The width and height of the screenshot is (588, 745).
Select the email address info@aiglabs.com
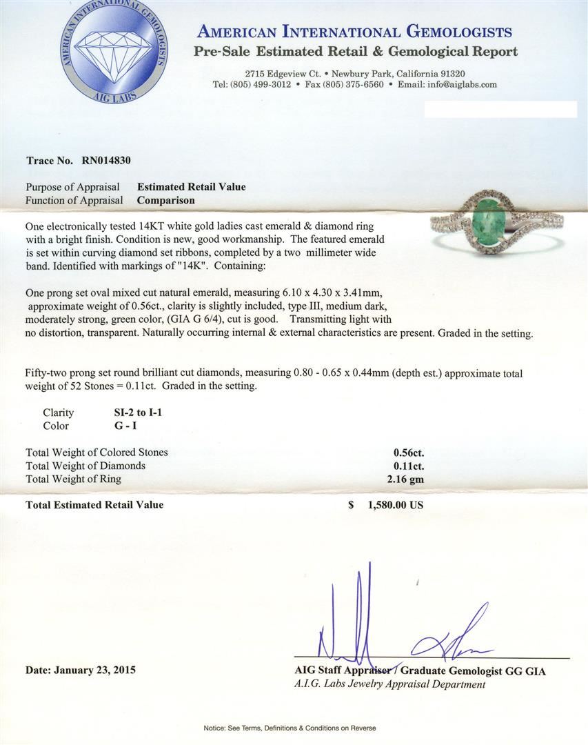pos(459,84)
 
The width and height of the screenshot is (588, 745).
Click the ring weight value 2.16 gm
pos(407,479)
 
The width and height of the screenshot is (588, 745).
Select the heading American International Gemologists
pos(354,32)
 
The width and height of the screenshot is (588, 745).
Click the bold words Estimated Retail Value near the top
pos(191,187)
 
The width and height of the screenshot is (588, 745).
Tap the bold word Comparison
pos(165,200)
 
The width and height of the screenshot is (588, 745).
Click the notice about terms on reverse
pos(294,728)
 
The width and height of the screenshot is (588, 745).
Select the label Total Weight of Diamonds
pos(85,466)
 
